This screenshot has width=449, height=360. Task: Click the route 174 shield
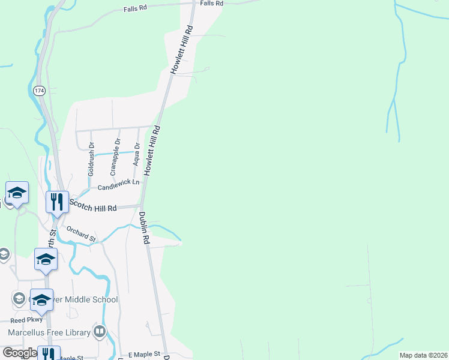pyautogui.click(x=39, y=91)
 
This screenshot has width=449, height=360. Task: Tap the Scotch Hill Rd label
pyautogui.click(x=92, y=206)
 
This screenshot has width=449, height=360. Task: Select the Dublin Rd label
pyautogui.click(x=145, y=227)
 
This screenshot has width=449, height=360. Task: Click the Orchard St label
pyautogui.click(x=81, y=234)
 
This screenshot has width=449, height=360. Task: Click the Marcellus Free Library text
pyautogui.click(x=49, y=332)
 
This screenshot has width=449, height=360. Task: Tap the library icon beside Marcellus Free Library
pyautogui.click(x=100, y=331)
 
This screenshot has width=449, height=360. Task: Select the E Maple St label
pyautogui.click(x=140, y=355)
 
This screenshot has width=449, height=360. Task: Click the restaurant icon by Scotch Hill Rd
pyautogui.click(x=56, y=201)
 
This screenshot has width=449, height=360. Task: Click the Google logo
pyautogui.click(x=20, y=353)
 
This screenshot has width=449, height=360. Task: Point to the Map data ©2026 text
pyautogui.click(x=423, y=355)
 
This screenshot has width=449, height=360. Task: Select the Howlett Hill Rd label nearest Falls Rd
pyautogui.click(x=182, y=50)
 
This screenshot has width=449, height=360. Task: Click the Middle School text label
pyautogui.click(x=87, y=299)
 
